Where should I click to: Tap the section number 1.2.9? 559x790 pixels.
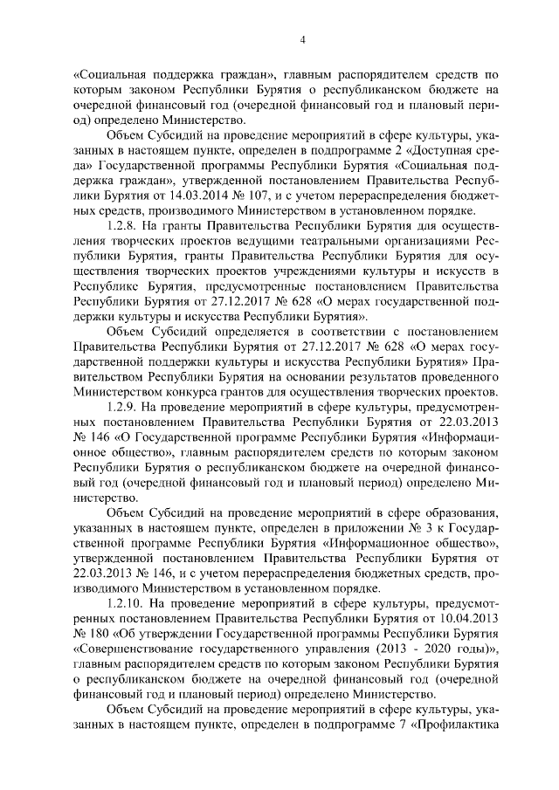click(121, 407)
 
